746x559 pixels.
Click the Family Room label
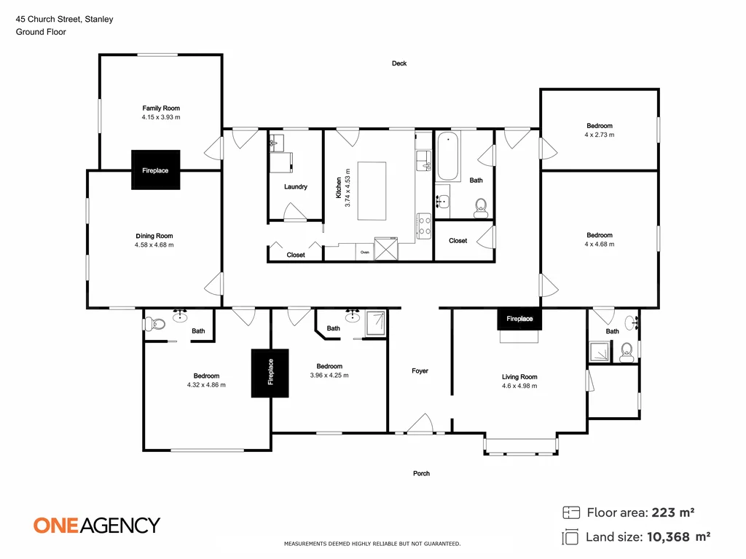point(161,108)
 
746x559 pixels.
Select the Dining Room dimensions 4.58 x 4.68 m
point(154,245)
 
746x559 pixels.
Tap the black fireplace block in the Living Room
point(519,319)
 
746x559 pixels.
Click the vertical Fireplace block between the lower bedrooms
point(270,373)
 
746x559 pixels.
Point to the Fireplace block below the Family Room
point(154,170)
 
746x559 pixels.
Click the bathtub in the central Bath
point(447,156)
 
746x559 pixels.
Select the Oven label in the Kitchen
point(365,253)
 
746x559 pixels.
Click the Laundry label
point(295,187)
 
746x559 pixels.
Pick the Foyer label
point(420,371)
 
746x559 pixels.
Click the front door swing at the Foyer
point(420,424)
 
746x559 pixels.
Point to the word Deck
point(398,63)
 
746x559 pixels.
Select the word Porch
point(421,473)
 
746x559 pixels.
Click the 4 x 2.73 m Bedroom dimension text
point(599,135)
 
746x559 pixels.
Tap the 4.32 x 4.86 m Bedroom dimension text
point(206,384)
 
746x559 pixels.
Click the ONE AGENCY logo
point(97,525)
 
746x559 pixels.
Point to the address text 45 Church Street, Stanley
point(64,20)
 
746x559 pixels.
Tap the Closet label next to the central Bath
point(458,241)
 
